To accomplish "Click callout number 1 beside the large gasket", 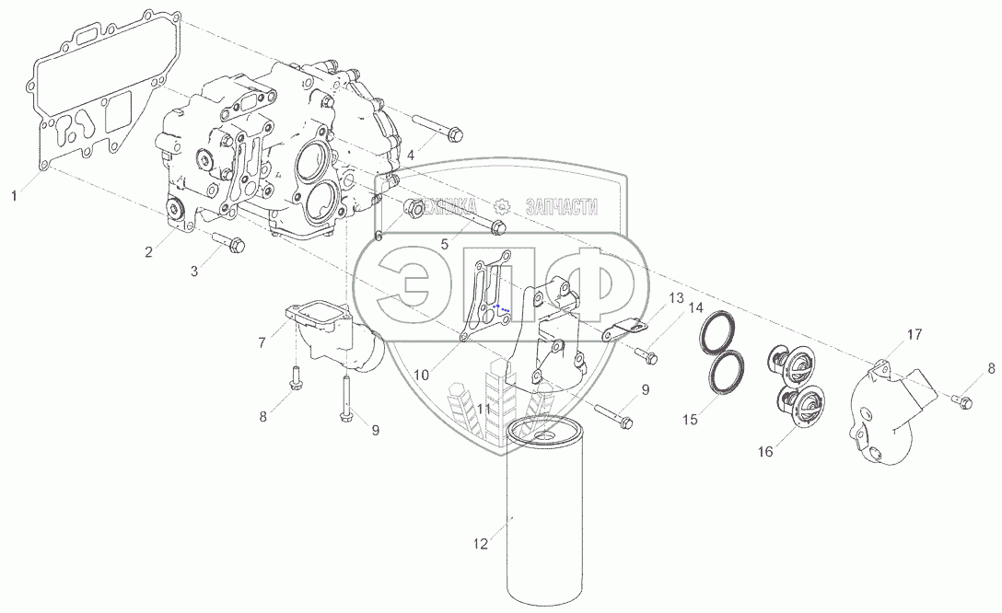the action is (x=14, y=196).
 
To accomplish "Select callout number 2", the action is (x=148, y=252).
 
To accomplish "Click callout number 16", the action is (x=765, y=452).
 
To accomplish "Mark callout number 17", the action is (x=915, y=335).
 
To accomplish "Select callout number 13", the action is (x=676, y=298).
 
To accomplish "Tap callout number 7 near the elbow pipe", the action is (x=262, y=343).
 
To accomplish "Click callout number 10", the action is (x=421, y=376).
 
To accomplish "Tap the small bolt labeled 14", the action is (x=647, y=354).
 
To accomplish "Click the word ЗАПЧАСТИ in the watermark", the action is (x=561, y=207).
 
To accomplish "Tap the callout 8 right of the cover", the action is (x=991, y=369).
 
